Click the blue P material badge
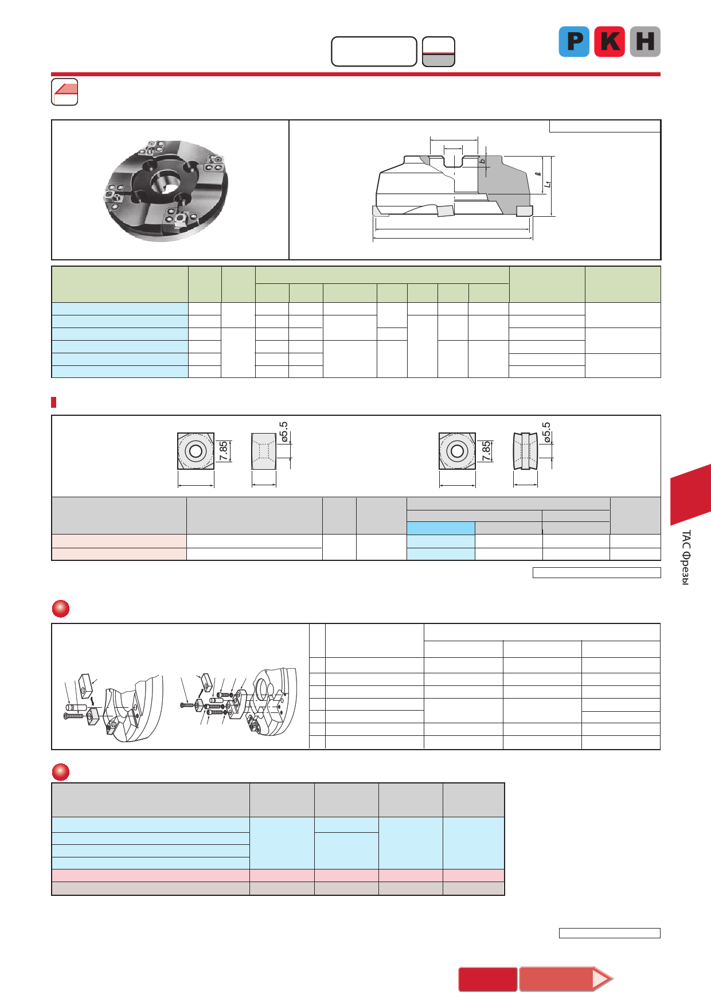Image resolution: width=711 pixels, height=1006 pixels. (574, 41)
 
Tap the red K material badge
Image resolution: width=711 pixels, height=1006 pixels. (609, 41)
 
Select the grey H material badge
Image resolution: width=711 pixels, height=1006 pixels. (645, 41)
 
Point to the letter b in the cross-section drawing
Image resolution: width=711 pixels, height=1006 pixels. (483, 161)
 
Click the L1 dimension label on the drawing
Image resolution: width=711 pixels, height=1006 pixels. (548, 184)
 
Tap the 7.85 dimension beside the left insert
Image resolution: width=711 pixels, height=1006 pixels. (223, 451)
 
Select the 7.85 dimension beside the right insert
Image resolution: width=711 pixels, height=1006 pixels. (486, 451)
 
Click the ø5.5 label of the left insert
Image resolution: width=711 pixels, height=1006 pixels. (284, 432)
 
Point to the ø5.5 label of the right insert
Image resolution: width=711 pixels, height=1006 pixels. (546, 432)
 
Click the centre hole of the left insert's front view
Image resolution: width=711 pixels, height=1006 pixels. (196, 451)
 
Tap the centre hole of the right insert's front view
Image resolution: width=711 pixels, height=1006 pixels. (457, 451)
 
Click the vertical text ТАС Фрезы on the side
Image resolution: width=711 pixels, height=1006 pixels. (686, 557)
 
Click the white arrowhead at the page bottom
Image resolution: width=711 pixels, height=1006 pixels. (601, 978)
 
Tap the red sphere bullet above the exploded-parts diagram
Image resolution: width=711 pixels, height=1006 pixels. (61, 609)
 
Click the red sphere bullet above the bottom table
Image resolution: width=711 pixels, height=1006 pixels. (61, 772)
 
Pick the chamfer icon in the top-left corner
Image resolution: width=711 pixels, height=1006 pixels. (65, 92)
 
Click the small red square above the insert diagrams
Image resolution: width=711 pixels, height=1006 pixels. (54, 402)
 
